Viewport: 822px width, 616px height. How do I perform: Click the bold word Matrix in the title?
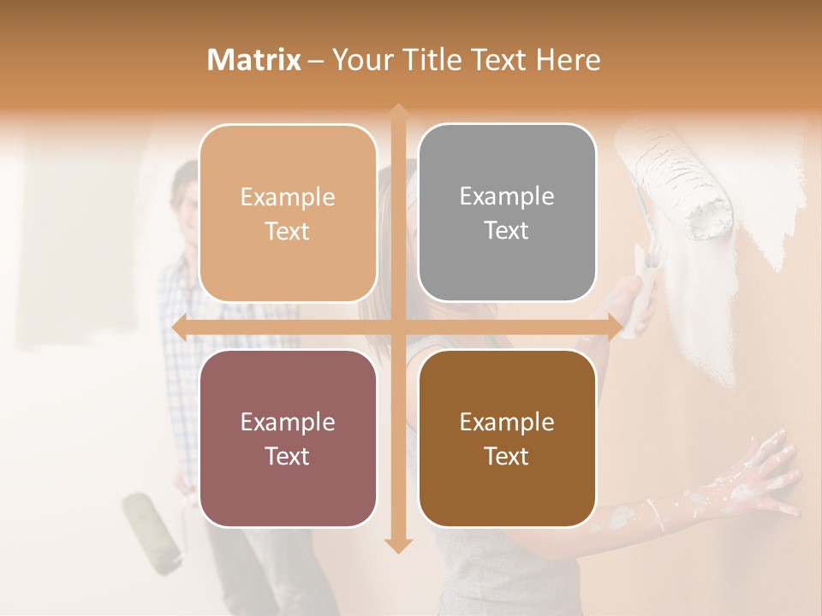point(254,60)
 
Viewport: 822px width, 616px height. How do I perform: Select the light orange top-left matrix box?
point(288,213)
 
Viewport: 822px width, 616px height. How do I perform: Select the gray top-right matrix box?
point(507,213)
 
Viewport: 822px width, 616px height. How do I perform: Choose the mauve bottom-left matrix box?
point(288,438)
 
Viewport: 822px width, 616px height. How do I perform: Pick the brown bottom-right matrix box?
point(507,438)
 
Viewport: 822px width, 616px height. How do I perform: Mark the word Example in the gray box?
point(507,196)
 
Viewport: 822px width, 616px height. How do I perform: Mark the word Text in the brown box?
point(507,456)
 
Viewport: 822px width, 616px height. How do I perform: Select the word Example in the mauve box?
point(288,422)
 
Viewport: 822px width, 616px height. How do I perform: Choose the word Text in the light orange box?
point(288,231)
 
